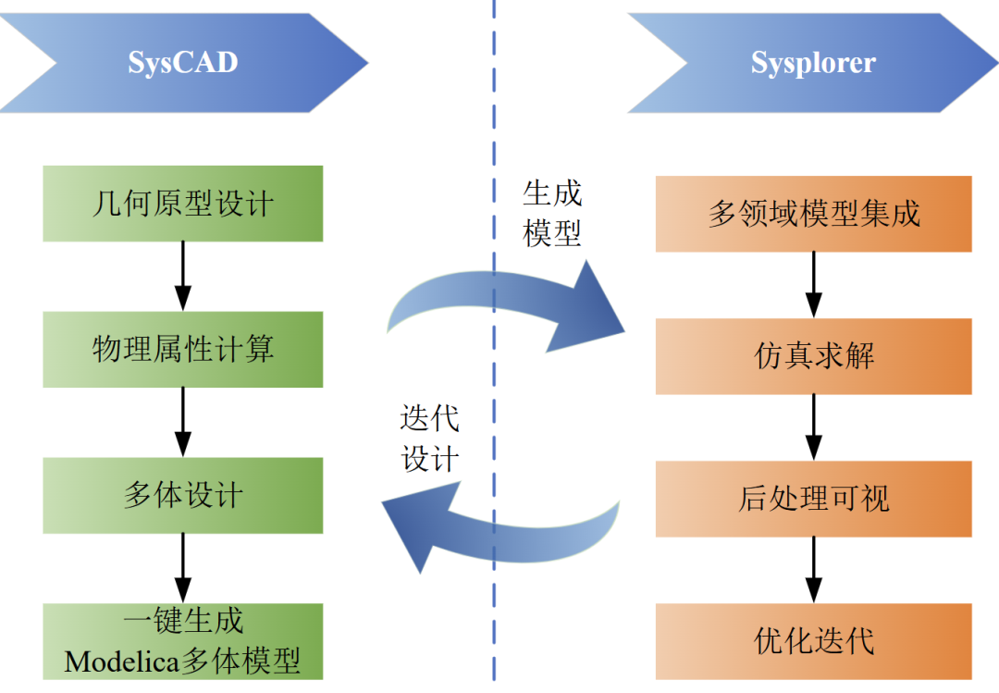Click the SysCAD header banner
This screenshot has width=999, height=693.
[183, 63]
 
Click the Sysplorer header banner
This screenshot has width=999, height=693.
[813, 63]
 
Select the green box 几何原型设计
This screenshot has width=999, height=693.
[183, 204]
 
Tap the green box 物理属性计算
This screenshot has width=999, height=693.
[183, 350]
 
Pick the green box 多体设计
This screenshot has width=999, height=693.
[183, 495]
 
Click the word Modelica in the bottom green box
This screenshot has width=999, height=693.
[122, 662]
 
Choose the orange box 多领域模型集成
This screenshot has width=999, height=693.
[814, 214]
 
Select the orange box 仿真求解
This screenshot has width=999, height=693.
[814, 356]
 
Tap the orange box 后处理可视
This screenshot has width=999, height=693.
[814, 499]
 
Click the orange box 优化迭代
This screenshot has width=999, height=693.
[814, 641]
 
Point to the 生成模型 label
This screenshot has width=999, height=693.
[551, 213]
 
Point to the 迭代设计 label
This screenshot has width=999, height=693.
[430, 439]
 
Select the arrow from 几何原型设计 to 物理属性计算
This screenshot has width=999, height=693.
[183, 277]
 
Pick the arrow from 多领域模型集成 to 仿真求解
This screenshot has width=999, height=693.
[814, 285]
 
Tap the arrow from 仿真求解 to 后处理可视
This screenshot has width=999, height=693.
[814, 427]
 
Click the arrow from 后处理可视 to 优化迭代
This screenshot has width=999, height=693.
[814, 571]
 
